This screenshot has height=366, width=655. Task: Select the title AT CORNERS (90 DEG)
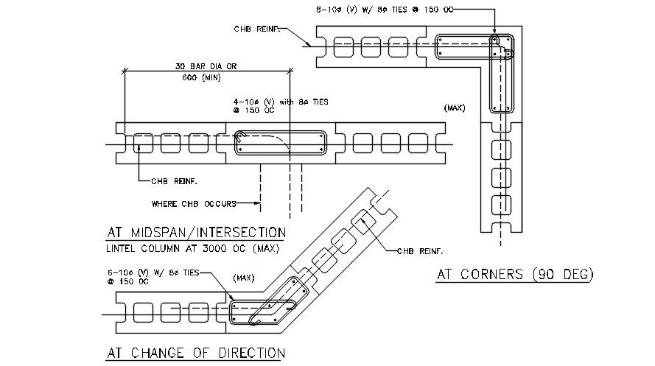click(x=515, y=275)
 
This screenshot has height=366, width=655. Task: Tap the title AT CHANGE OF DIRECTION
click(x=195, y=352)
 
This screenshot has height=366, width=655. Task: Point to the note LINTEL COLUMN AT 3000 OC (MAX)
click(x=193, y=248)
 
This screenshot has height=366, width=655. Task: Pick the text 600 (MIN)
click(x=200, y=77)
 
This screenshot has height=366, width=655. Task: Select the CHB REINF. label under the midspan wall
click(x=174, y=180)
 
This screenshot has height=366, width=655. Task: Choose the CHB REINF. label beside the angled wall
click(x=420, y=251)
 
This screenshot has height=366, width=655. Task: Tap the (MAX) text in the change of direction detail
click(x=243, y=278)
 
